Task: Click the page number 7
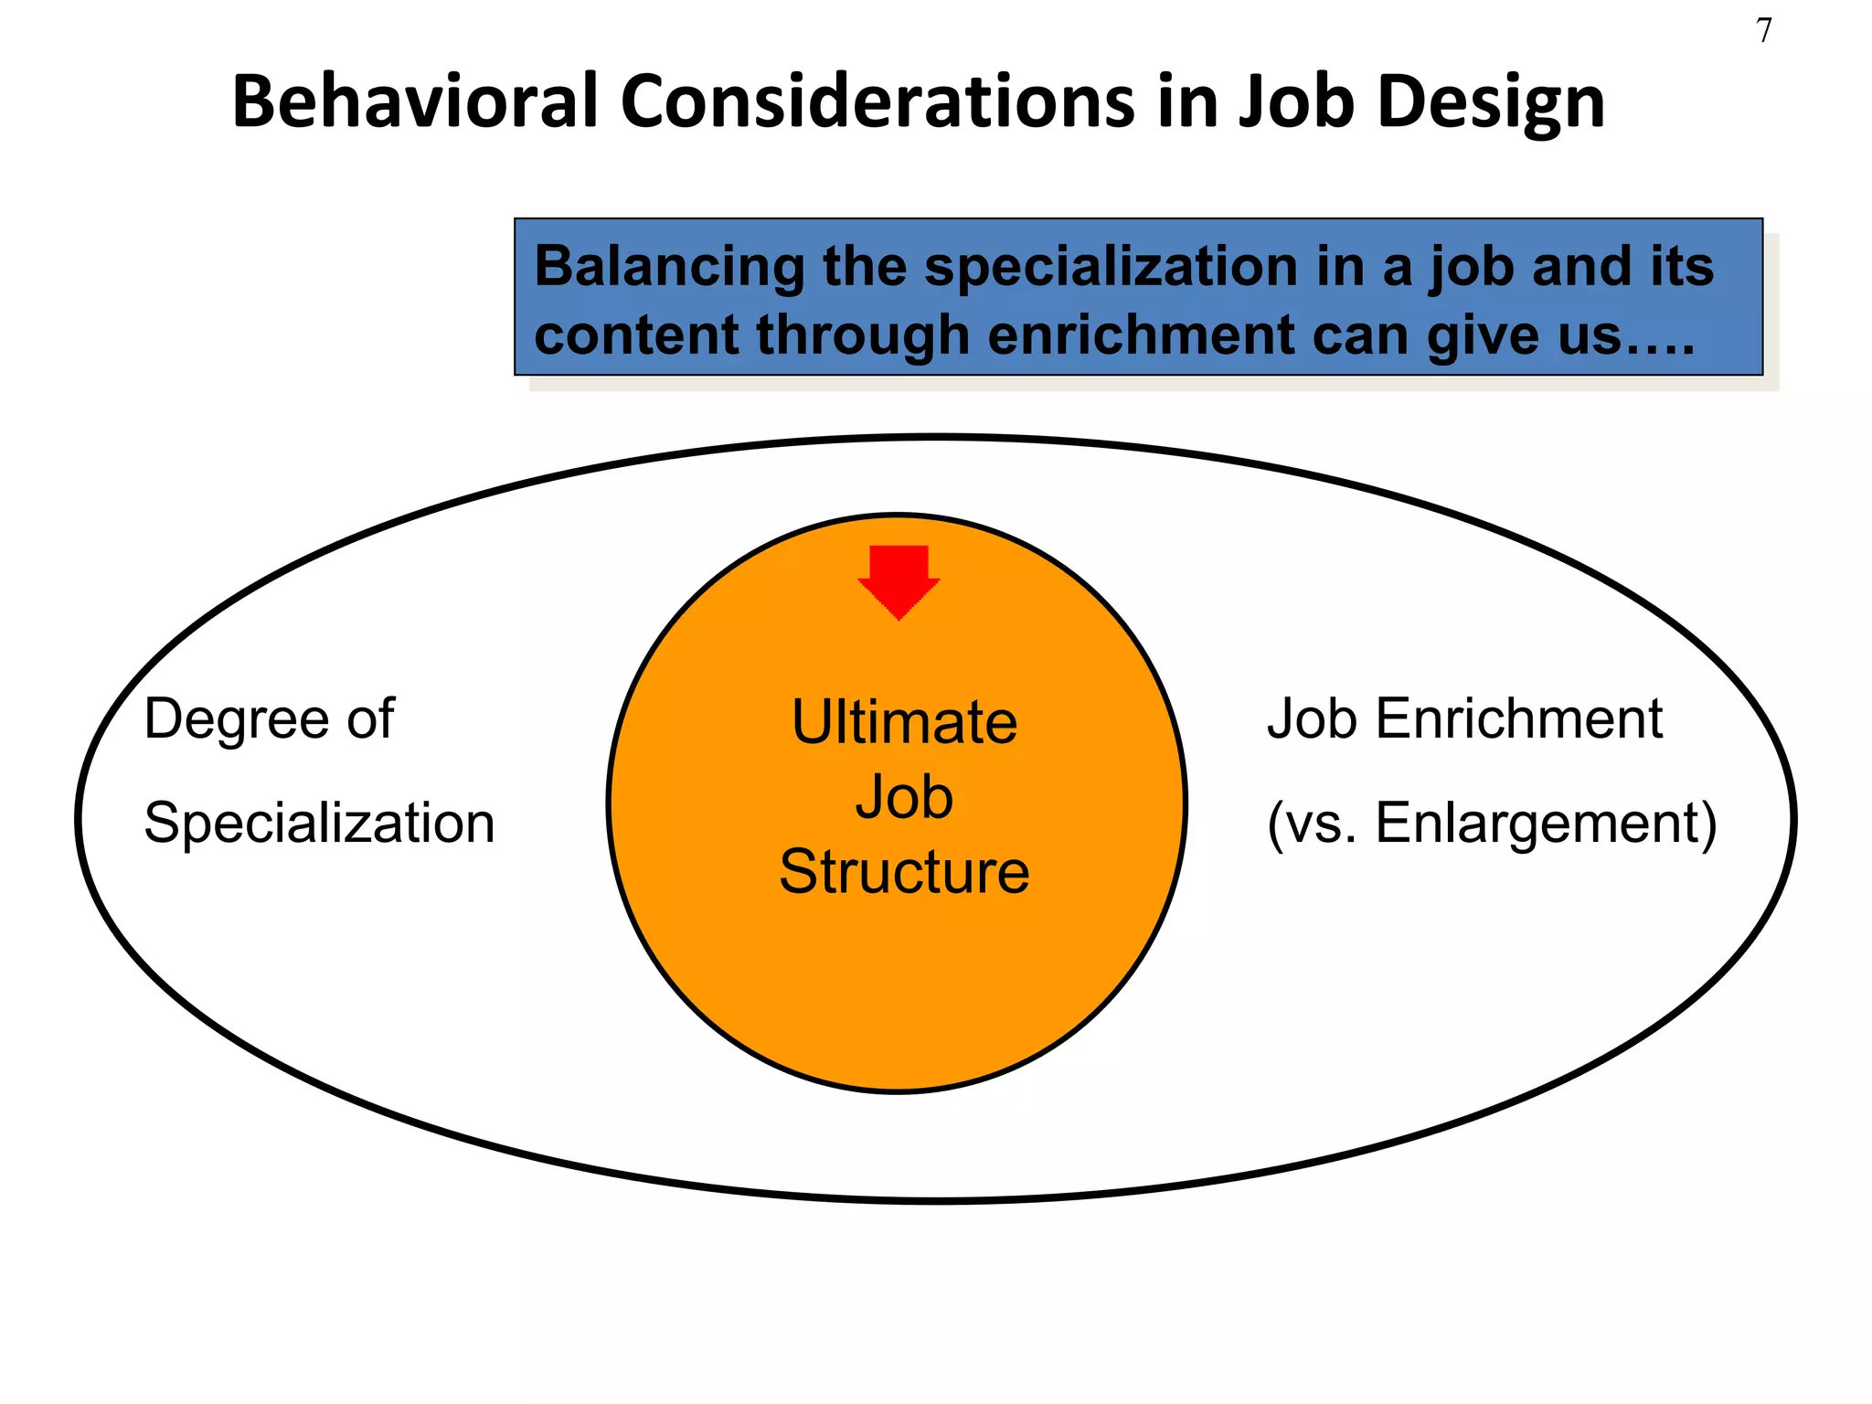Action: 1763,31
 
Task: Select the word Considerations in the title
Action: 877,101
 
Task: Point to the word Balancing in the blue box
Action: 668,267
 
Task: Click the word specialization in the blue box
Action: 1111,267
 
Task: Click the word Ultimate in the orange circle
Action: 904,722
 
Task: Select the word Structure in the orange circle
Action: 904,871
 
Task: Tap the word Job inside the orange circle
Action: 904,797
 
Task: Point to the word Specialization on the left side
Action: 319,823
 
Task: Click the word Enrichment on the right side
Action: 1518,718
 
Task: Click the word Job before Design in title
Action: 1296,101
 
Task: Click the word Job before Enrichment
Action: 1312,718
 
